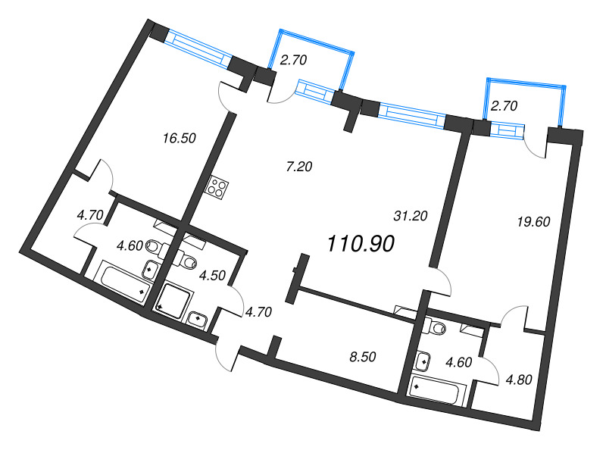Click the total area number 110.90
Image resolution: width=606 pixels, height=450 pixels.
click(361, 243)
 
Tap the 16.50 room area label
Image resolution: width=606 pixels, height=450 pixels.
click(180, 138)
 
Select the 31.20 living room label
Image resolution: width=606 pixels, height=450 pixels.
click(411, 216)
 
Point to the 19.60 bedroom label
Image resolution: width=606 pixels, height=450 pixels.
click(513, 222)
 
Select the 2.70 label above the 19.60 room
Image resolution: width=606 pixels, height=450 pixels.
click(504, 106)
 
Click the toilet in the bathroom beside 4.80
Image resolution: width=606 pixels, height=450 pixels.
click(436, 327)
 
